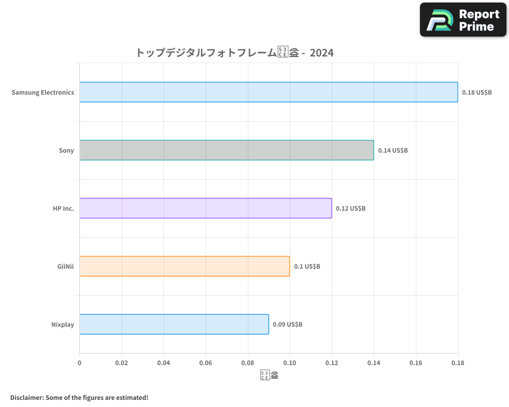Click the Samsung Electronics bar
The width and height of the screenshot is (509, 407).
click(268, 92)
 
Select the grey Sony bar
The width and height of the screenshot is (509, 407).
click(227, 150)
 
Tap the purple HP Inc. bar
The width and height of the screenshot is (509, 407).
click(206, 208)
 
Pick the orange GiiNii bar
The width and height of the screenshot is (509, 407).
click(184, 266)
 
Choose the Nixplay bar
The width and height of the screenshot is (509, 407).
click(174, 324)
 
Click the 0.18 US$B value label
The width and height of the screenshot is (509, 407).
click(477, 93)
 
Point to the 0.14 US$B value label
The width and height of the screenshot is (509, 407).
click(393, 151)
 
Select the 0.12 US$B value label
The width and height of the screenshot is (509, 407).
click(351, 209)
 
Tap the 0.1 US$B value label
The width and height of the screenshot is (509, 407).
click(307, 267)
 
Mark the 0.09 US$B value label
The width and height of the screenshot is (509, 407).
click(288, 325)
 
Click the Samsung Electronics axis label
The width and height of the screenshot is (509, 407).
click(43, 93)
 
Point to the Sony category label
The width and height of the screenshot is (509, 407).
click(66, 151)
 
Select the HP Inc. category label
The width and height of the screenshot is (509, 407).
click(63, 209)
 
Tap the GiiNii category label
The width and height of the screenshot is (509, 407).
click(66, 267)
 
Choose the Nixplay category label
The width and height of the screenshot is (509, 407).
click(63, 325)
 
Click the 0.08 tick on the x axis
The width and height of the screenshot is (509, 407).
click(247, 363)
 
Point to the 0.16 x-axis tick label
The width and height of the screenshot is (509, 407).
click(416, 363)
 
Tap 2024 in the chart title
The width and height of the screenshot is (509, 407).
click(321, 52)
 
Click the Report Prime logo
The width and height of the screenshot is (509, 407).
click(463, 20)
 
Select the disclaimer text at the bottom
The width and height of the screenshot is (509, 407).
click(79, 397)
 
